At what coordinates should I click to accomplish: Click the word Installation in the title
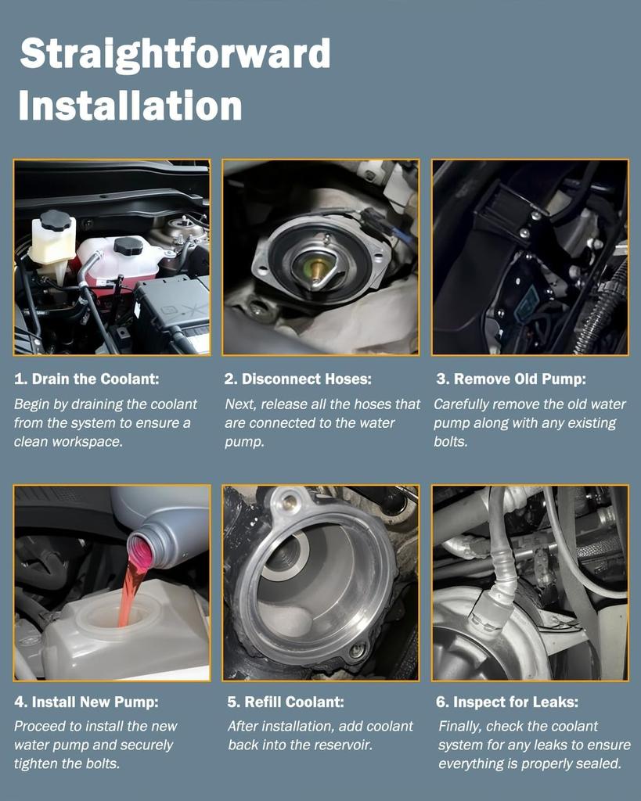coord(131,106)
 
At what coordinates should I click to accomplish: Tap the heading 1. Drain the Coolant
coord(86,379)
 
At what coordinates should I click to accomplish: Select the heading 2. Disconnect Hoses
coord(298,379)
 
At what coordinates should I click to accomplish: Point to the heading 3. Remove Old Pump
coord(511,379)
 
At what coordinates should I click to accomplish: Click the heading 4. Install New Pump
coord(86,702)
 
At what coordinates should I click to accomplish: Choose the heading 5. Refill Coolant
coord(286,702)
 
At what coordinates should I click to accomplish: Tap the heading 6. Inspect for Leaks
coord(507,702)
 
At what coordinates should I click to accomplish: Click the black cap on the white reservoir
coord(56,220)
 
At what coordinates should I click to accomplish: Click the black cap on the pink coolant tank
coord(128,246)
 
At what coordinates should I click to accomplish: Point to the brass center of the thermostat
coord(318,268)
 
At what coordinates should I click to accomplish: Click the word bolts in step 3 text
coord(450,441)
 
